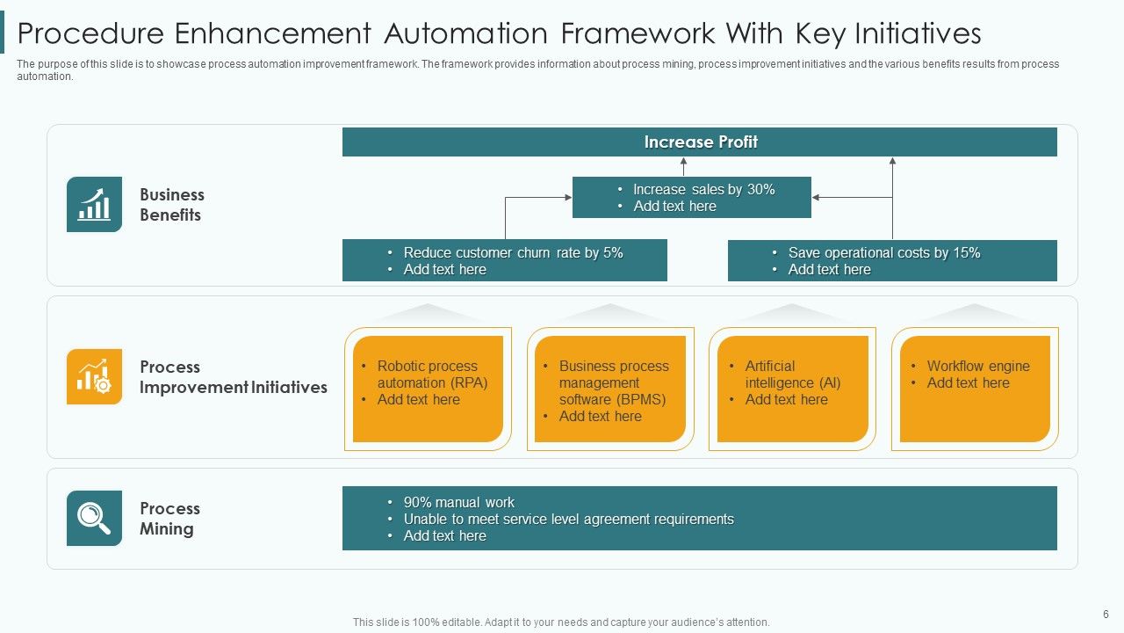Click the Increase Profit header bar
click(700, 142)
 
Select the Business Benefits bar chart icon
click(94, 205)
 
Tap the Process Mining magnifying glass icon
click(94, 518)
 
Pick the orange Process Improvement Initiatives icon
click(94, 376)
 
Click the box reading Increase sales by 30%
click(692, 197)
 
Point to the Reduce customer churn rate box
click(505, 260)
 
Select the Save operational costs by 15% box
click(892, 260)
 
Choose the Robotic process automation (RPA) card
click(428, 389)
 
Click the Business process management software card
click(609, 389)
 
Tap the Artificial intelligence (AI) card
click(792, 389)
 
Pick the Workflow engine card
click(975, 389)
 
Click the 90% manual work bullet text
click(458, 503)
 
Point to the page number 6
click(1106, 615)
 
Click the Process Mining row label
click(169, 519)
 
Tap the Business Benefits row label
click(171, 205)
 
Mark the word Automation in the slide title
click(466, 33)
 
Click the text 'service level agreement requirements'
click(614, 520)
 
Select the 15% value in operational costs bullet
click(966, 253)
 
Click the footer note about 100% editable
click(561, 622)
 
